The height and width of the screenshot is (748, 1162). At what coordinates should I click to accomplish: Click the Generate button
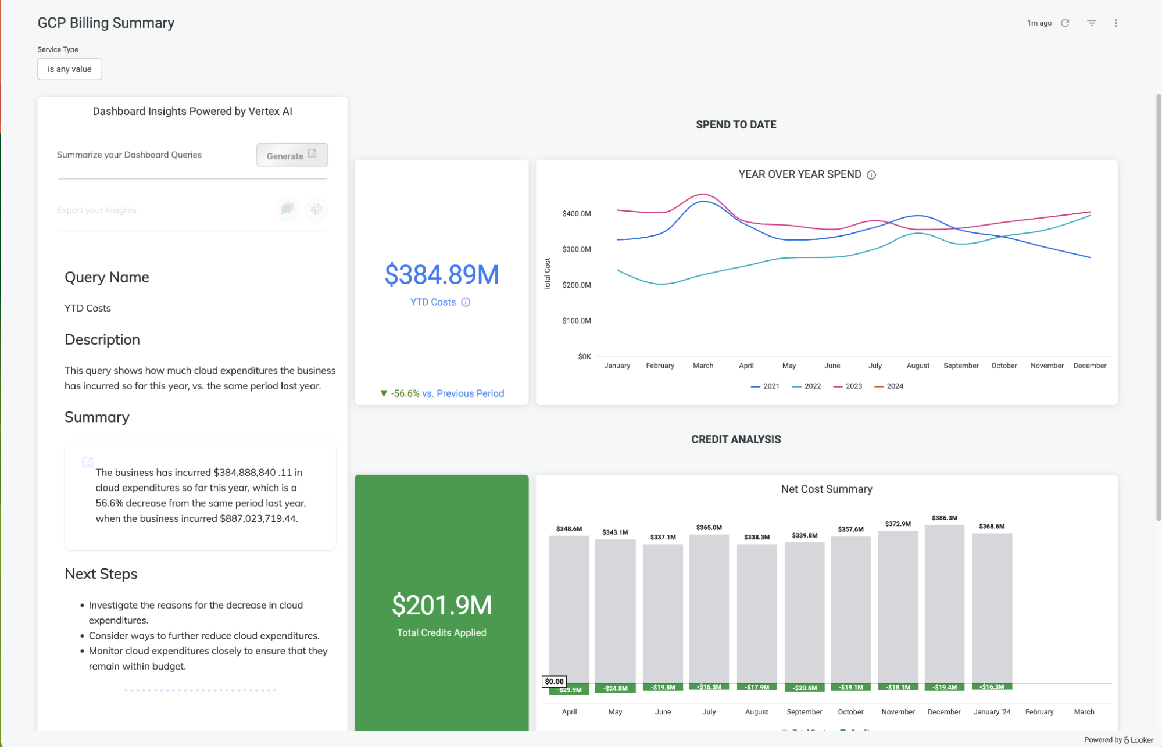tap(292, 155)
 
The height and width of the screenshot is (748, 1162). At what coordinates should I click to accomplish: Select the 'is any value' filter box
tap(70, 69)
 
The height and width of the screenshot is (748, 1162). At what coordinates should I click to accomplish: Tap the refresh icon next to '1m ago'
tap(1065, 23)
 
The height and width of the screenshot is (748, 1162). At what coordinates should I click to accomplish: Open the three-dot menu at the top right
tap(1115, 23)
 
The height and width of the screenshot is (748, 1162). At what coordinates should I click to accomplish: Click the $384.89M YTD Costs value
tap(442, 275)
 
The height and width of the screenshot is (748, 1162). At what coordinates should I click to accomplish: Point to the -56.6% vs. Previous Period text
tap(442, 393)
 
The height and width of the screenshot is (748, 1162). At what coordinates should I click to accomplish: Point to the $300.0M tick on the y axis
tap(576, 249)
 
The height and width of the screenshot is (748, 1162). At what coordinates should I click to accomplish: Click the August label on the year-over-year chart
tap(918, 366)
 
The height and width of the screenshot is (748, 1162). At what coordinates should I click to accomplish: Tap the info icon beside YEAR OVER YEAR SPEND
tap(871, 175)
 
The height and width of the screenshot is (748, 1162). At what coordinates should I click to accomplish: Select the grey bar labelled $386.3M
tap(944, 604)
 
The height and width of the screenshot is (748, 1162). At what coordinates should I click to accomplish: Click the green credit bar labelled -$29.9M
tap(569, 689)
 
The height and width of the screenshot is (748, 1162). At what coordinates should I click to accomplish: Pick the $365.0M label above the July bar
tap(709, 528)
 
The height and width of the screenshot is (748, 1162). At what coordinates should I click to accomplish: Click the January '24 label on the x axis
tap(992, 712)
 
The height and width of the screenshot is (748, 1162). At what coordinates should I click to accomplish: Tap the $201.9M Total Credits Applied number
tap(442, 606)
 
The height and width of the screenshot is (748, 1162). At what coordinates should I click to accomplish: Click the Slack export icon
tap(317, 210)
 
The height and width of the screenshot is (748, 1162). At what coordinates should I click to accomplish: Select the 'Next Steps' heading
tap(101, 574)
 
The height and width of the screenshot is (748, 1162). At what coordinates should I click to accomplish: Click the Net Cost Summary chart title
tap(826, 489)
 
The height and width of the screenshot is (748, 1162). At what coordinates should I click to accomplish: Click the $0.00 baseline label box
tap(554, 682)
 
